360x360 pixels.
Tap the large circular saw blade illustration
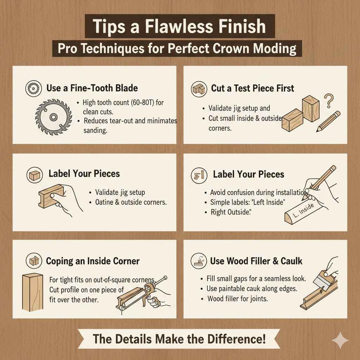tap(53, 117)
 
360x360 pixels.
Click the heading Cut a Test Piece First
tap(252, 88)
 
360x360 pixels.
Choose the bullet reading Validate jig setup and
tap(239, 108)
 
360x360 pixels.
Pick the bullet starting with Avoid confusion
tap(256, 192)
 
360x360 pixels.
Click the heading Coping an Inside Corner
tap(93, 261)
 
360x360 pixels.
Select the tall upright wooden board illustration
tap(32, 292)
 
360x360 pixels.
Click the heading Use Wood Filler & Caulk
tap(256, 261)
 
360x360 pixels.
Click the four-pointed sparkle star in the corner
tap(340, 341)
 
